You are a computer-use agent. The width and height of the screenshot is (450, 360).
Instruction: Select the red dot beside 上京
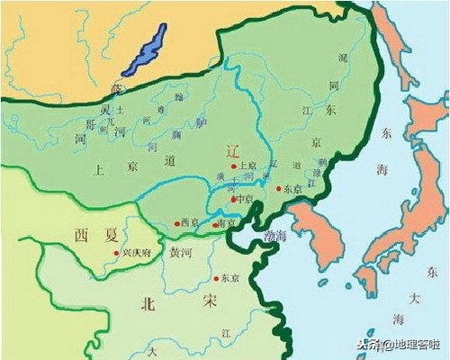(x=234, y=167)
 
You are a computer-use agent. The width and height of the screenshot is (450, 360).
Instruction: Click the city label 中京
(x=244, y=199)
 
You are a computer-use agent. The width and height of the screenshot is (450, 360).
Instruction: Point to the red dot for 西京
(x=177, y=223)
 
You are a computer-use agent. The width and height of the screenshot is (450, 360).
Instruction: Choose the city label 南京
(x=227, y=221)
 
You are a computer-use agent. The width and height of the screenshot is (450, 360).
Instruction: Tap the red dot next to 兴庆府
(x=116, y=254)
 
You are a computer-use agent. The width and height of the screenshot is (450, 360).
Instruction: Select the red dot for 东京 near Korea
(x=278, y=190)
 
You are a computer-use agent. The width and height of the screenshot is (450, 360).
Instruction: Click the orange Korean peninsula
(x=319, y=234)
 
